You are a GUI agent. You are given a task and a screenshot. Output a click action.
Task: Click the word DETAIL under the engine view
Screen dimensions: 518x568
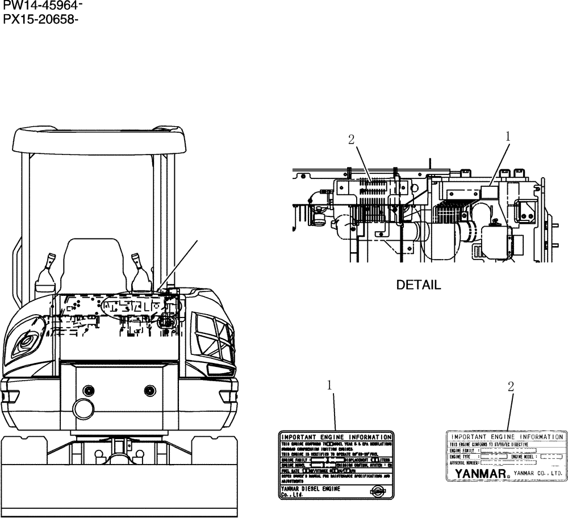tap(419, 285)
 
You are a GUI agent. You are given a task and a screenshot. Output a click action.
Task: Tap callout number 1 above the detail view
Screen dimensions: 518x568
tap(508, 136)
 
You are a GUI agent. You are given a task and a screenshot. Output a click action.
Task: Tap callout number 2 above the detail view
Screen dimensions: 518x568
tap(352, 139)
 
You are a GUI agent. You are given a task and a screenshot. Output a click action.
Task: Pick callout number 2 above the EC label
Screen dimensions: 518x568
tap(511, 386)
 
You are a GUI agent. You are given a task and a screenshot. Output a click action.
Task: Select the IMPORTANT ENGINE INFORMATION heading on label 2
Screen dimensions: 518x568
tap(507, 437)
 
